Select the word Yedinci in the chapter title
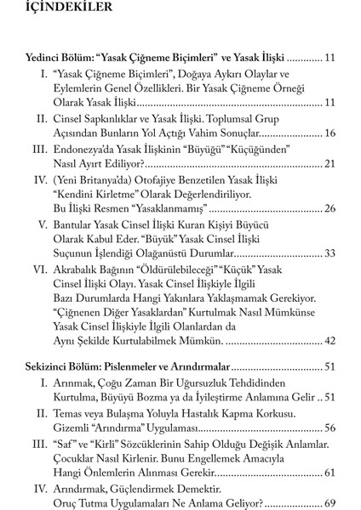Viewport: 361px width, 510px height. (47, 59)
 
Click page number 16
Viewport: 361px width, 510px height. (331, 133)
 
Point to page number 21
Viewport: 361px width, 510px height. (331, 163)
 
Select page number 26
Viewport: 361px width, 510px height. (331, 208)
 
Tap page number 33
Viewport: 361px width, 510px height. (331, 253)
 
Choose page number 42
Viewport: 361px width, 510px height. (331, 341)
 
